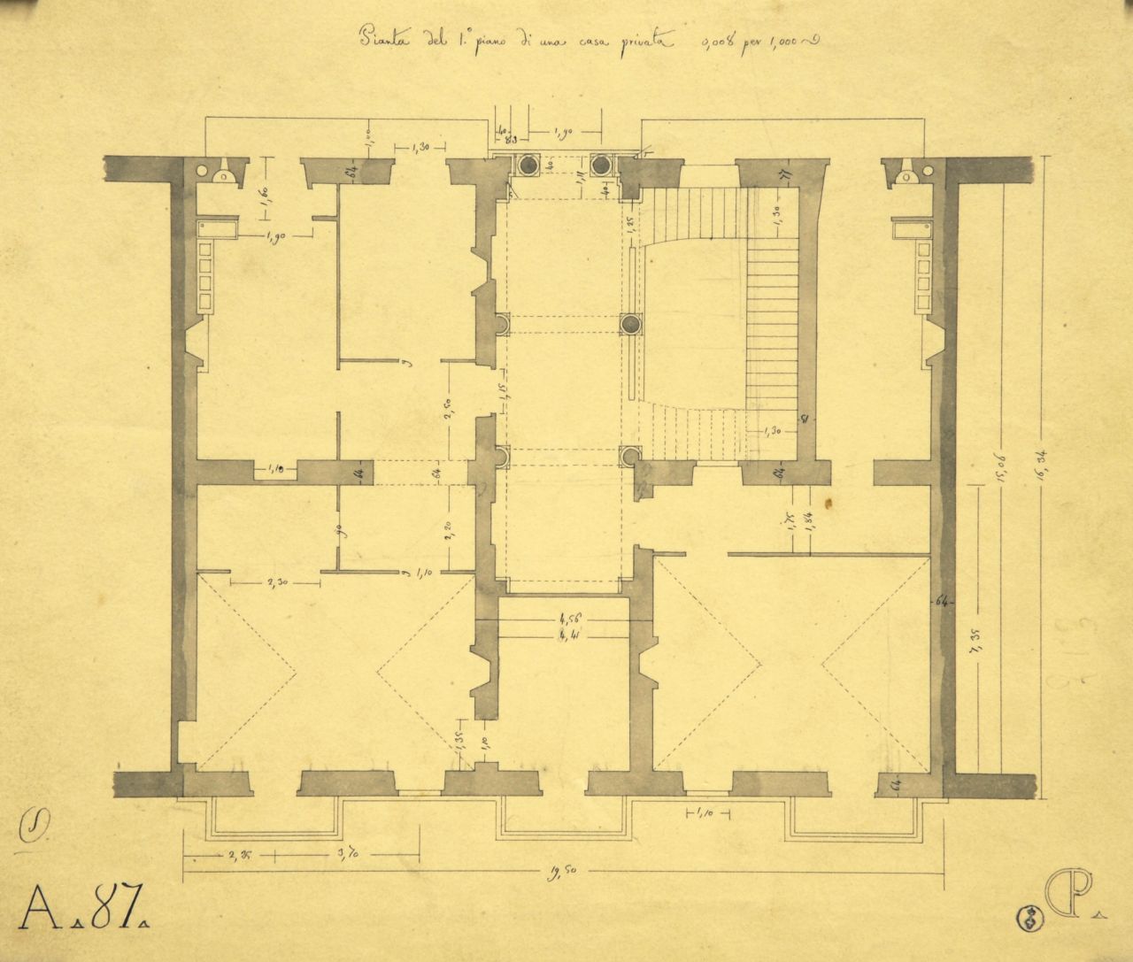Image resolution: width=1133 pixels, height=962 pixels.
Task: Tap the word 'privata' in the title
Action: [644, 40]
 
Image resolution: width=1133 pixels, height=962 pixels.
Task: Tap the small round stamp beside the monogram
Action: [1030, 919]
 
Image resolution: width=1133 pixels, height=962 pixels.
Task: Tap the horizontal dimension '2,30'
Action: [274, 582]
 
